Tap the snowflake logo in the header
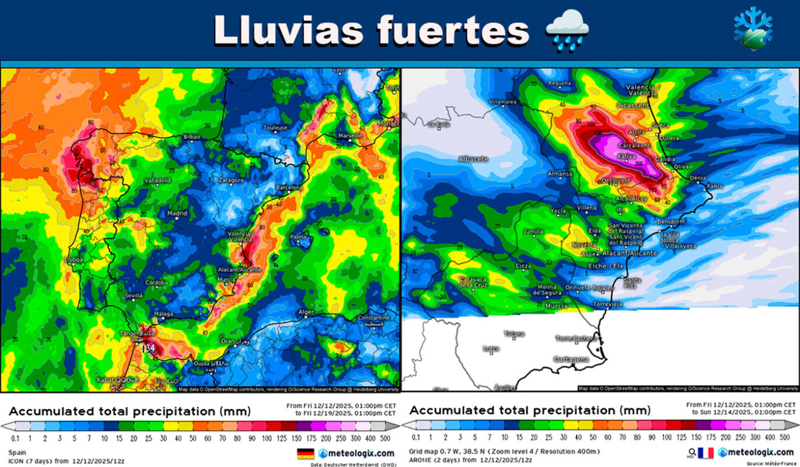[753, 29]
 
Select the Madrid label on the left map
[177, 214]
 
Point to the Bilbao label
[192, 137]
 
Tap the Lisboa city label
[75, 260]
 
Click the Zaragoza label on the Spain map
[230, 180]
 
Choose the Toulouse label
[275, 128]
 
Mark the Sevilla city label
[134, 296]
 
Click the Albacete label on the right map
[473, 159]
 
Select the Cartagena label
[571, 360]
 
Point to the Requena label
[559, 83]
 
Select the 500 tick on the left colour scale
[386, 437]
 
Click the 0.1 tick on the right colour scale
[416, 437]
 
